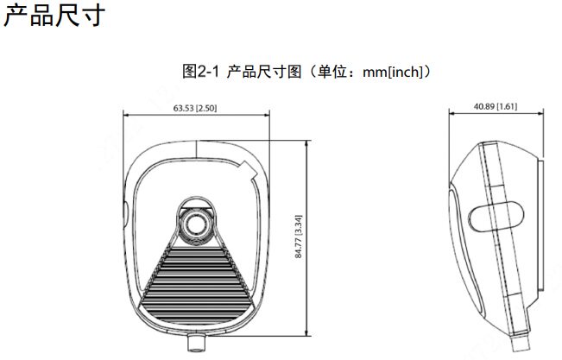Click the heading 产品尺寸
(54, 16)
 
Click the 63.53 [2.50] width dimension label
(195, 108)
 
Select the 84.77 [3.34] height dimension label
(299, 237)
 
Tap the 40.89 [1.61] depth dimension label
(496, 106)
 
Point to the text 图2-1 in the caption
(200, 72)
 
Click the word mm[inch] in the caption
(393, 72)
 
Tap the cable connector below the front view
(197, 342)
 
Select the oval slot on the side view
(496, 216)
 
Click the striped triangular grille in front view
(196, 283)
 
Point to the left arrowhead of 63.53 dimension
(125, 115)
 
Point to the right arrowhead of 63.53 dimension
(267, 115)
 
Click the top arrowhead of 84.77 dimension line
(306, 142)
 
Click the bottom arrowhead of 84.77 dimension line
(306, 333)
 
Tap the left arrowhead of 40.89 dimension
(451, 113)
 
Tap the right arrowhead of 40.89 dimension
(541, 113)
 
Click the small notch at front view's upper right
(249, 170)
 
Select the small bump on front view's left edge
(125, 214)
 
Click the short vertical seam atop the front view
(197, 149)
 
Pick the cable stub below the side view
(520, 344)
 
